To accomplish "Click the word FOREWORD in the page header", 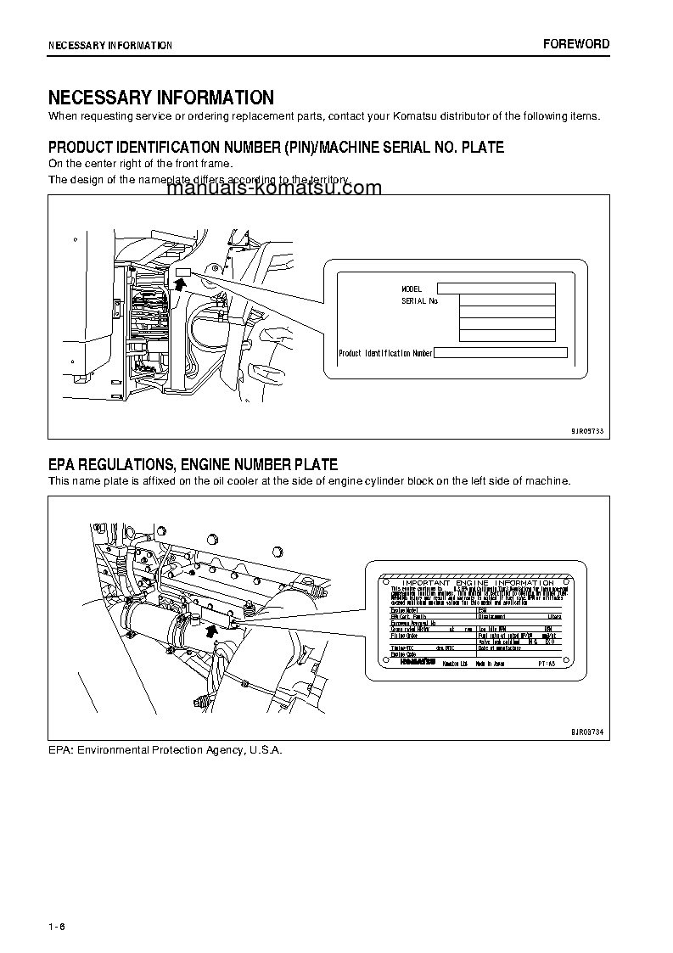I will [576, 44].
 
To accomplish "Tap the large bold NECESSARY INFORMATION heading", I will [160, 98].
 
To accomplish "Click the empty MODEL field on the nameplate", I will [496, 289].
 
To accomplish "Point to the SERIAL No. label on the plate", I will [419, 300].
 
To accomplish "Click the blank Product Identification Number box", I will [500, 353].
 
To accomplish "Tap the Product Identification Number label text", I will [385, 353].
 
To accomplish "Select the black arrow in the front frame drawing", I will [179, 282].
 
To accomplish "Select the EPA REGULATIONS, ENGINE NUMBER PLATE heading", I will [193, 464].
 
